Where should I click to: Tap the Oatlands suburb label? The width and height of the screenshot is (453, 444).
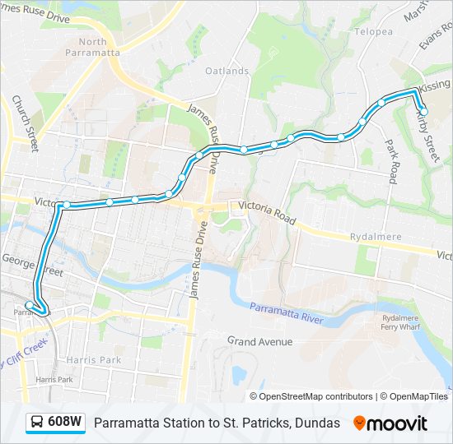tap(227, 72)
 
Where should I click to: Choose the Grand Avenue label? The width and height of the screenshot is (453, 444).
tap(259, 340)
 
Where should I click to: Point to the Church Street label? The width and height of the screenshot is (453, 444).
tap(25, 123)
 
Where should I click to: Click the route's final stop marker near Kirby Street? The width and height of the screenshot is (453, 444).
tap(423, 111)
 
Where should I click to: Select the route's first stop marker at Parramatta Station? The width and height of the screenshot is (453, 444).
tap(30, 305)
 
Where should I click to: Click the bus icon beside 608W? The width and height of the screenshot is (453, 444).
tap(37, 423)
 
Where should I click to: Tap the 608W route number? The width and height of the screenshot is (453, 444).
tap(64, 423)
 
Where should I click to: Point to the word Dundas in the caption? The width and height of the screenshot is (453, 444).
tap(317, 423)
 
